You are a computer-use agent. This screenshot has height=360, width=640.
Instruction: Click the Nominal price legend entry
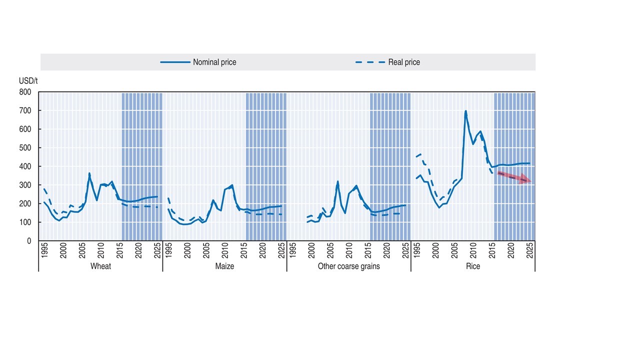click(198, 62)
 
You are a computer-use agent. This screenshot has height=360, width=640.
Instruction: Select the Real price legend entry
click(387, 62)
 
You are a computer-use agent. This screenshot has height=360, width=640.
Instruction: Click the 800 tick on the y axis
click(25, 92)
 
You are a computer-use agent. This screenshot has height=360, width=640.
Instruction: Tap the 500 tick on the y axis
click(25, 148)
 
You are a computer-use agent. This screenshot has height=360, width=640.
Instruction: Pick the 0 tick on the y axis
click(28, 241)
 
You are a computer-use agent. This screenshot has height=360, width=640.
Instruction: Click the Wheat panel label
click(100, 266)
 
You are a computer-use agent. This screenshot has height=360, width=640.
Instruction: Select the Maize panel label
click(224, 266)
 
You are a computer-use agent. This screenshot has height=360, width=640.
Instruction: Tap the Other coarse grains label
click(348, 266)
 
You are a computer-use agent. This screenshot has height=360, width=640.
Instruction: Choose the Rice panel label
click(472, 266)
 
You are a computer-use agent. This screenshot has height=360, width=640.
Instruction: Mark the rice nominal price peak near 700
click(465, 111)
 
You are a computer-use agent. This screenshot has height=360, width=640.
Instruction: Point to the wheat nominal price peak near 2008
click(89, 173)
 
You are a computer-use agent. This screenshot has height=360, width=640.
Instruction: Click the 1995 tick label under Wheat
click(44, 251)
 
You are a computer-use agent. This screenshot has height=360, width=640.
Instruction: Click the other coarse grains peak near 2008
click(337, 181)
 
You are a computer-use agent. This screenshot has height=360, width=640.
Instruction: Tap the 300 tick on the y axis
click(25, 185)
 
